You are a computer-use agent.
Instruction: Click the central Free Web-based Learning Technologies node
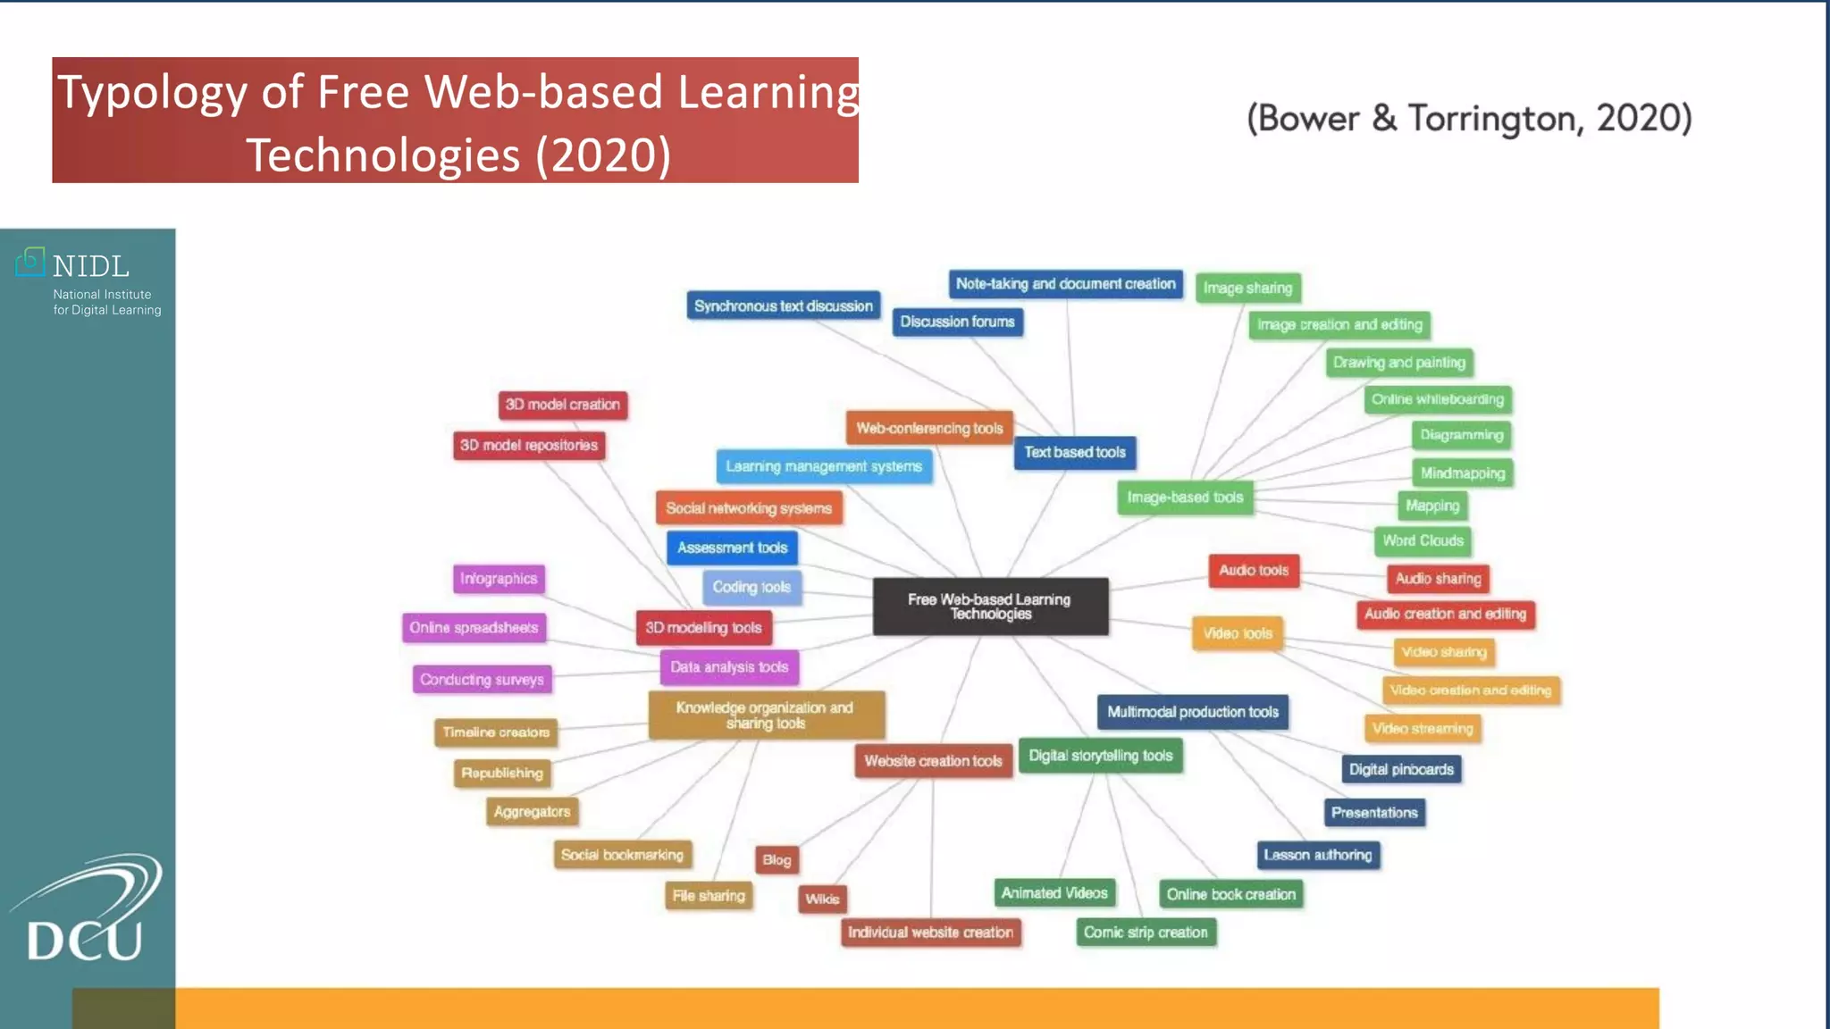coord(990,607)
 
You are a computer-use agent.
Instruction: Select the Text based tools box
coord(1075,453)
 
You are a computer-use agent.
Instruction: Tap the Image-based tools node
coord(1185,498)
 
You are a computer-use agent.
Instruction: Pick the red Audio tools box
coord(1254,571)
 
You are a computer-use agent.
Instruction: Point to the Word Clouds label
coord(1423,541)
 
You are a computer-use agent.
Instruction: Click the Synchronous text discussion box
coord(783,306)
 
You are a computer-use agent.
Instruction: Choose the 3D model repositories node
coord(529,446)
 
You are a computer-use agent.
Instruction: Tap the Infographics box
coord(499,579)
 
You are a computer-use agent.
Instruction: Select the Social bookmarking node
coord(622,855)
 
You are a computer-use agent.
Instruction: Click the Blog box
coord(776,860)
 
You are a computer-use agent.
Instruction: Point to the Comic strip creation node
coord(1146,933)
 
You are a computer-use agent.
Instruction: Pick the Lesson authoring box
coord(1317,855)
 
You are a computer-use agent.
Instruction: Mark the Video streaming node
coord(1423,729)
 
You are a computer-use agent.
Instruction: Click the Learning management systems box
coord(823,466)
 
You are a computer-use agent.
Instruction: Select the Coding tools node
coord(751,588)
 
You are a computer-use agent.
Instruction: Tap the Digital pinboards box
coord(1401,770)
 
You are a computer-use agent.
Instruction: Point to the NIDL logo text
coord(90,266)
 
